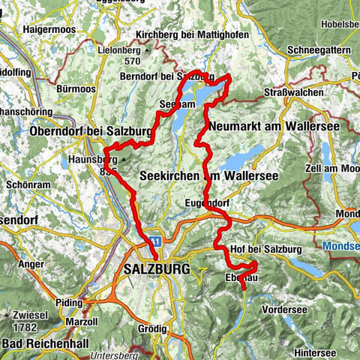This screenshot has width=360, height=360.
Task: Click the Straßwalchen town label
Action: [293, 92]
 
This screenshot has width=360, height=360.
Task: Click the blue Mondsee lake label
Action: [341, 245]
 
